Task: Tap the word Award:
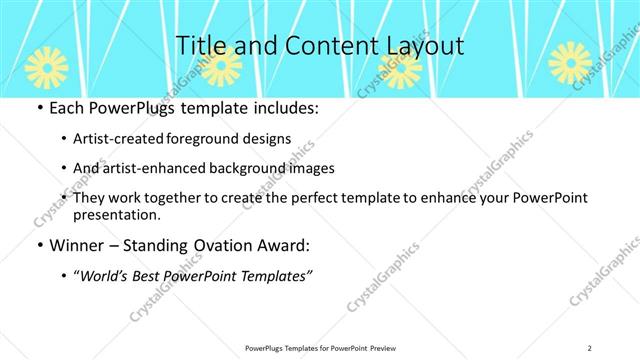pos(283,245)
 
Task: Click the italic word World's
pos(106,275)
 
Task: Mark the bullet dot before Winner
pos(39,245)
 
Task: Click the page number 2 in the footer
pos(589,347)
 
